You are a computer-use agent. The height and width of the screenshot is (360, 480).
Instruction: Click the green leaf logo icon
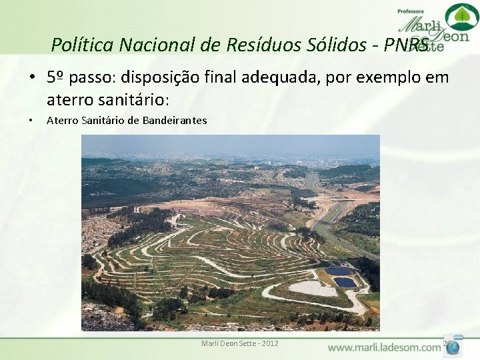[461, 16]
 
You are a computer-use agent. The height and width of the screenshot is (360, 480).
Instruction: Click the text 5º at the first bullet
[55, 77]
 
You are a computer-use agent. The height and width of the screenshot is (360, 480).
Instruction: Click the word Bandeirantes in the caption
[175, 121]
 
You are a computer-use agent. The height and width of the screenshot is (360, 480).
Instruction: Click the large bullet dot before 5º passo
[32, 78]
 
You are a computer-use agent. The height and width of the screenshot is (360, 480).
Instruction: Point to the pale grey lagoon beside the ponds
[313, 288]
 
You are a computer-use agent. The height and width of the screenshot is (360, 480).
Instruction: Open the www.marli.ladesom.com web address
[384, 347]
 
